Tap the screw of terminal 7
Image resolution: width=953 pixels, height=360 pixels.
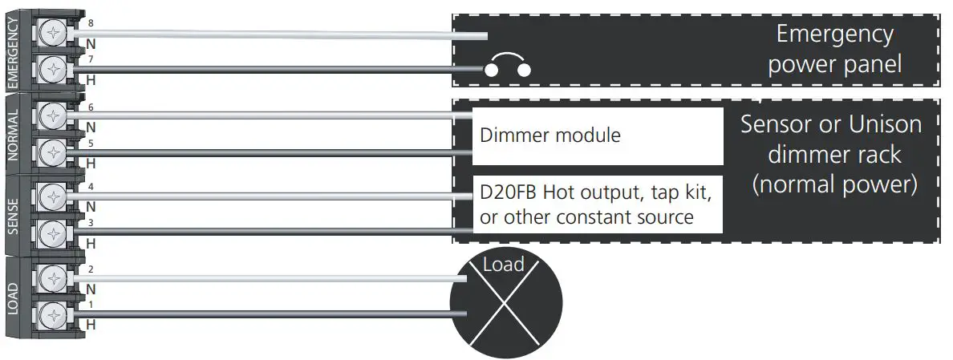tap(51, 67)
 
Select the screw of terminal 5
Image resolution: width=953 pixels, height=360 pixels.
tap(51, 151)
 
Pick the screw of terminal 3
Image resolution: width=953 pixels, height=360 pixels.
tap(51, 233)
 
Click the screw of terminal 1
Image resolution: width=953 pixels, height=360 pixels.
tap(51, 315)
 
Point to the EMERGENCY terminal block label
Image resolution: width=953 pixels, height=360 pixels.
tap(13, 50)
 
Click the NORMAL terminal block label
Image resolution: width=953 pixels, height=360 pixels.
tap(13, 133)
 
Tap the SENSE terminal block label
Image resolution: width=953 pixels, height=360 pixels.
tap(13, 216)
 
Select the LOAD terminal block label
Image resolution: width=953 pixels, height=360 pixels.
tap(13, 297)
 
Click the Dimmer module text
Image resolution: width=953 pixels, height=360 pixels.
tap(550, 135)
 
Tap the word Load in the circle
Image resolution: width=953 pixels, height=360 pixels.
tap(503, 265)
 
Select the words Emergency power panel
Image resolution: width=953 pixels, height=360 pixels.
tap(834, 49)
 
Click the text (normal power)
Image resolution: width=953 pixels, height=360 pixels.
tap(834, 185)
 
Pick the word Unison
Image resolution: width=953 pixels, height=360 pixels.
tap(886, 124)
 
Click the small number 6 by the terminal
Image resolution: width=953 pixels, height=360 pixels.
tap(91, 107)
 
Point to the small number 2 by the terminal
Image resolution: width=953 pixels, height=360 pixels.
tap(91, 270)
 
